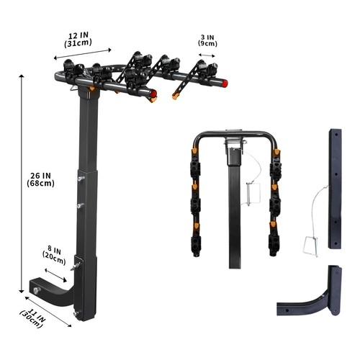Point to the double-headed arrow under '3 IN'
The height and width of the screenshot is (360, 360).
point(207,53)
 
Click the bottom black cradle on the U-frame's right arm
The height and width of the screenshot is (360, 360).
point(275,241)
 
